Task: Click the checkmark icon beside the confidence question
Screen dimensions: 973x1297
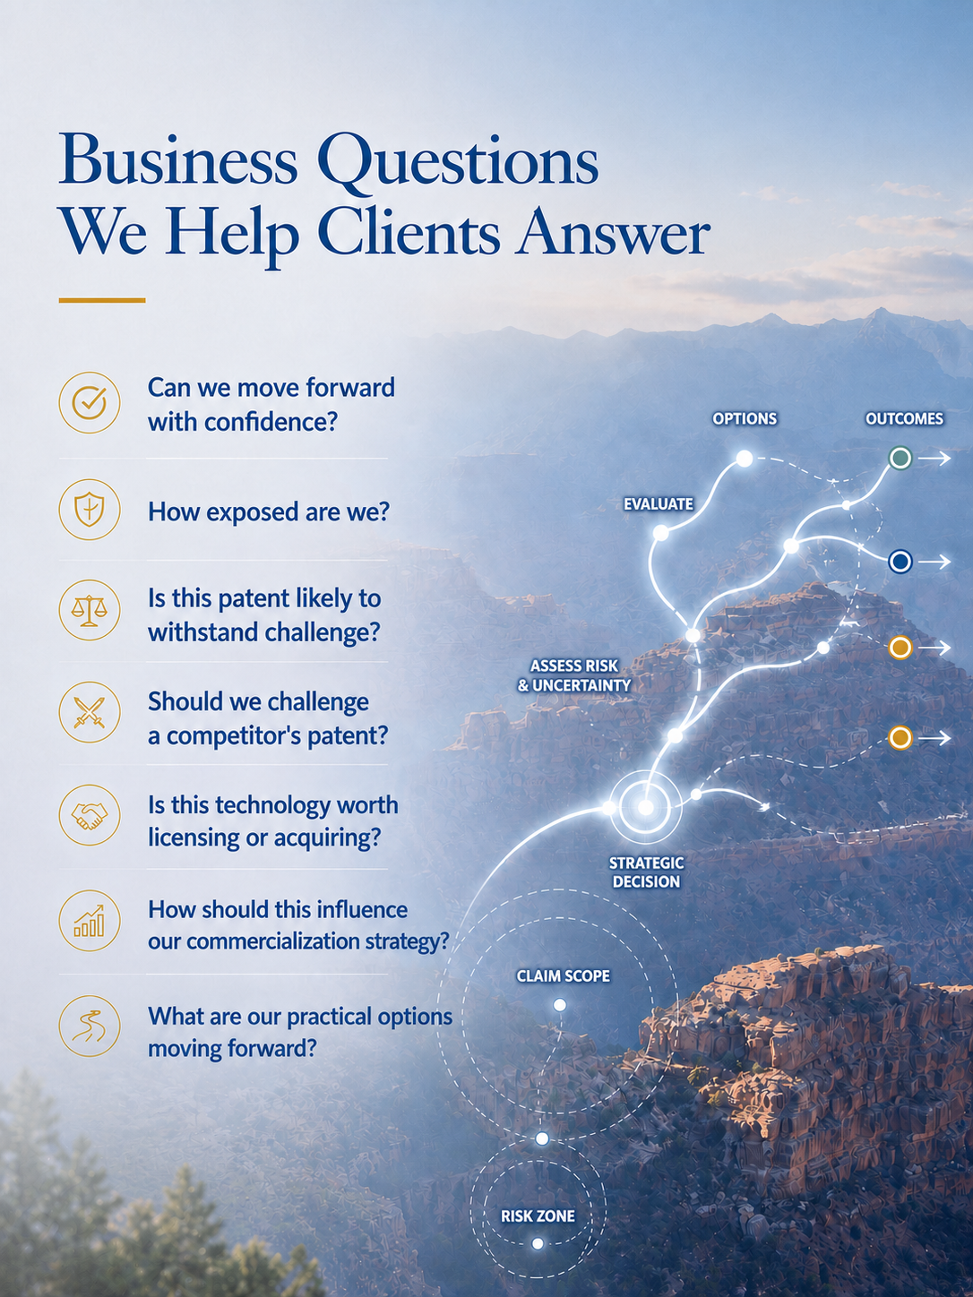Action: pyautogui.click(x=90, y=402)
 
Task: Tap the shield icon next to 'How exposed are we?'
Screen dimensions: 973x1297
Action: pyautogui.click(x=90, y=510)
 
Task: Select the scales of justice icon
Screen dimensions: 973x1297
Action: pyautogui.click(x=90, y=610)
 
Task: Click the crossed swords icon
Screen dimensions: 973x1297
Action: pyautogui.click(x=90, y=712)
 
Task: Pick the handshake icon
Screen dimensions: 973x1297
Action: pyautogui.click(x=90, y=815)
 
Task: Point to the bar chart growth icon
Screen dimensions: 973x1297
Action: pyautogui.click(x=90, y=921)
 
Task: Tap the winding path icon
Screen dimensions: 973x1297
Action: pyautogui.click(x=90, y=1026)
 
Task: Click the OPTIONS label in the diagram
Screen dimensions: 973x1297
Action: pyautogui.click(x=745, y=419)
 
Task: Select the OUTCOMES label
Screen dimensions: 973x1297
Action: pyautogui.click(x=905, y=419)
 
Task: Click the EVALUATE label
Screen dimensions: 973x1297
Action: pyautogui.click(x=659, y=504)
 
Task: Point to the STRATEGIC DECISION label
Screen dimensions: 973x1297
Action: pyautogui.click(x=646, y=872)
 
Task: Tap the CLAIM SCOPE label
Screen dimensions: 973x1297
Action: pyautogui.click(x=563, y=975)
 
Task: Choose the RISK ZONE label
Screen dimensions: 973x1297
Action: pyautogui.click(x=538, y=1215)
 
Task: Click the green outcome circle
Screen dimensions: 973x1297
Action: pyautogui.click(x=900, y=458)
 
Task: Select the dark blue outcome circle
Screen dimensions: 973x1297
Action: pyautogui.click(x=900, y=562)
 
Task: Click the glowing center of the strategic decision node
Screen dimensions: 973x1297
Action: pyautogui.click(x=646, y=806)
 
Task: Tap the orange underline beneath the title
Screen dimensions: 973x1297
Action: pyautogui.click(x=102, y=300)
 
